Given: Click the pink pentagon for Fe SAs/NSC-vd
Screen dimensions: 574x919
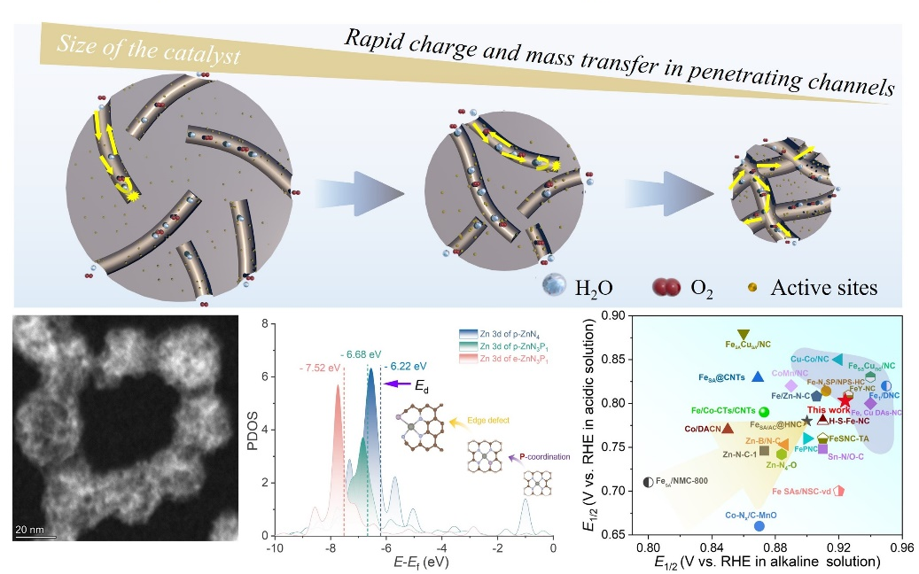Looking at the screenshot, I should coord(837,490).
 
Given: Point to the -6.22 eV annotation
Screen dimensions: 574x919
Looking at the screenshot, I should coord(407,364).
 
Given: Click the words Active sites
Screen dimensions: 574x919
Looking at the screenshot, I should coord(824,287).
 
